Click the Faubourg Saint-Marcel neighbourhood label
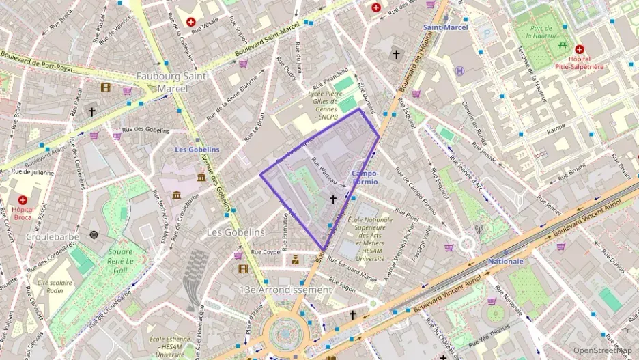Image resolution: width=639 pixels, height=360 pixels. coord(172,82)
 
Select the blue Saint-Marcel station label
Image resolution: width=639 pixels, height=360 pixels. coord(445,28)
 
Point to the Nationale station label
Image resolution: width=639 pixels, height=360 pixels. coord(506,261)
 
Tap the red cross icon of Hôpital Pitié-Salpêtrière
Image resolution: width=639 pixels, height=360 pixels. coord(580,49)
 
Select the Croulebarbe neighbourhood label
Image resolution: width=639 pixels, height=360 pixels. coord(53,236)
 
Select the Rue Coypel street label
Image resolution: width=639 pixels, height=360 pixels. coord(266,251)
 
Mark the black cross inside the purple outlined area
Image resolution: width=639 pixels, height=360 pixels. coord(333,199)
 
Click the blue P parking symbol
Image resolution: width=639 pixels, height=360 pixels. coord(487,32)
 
